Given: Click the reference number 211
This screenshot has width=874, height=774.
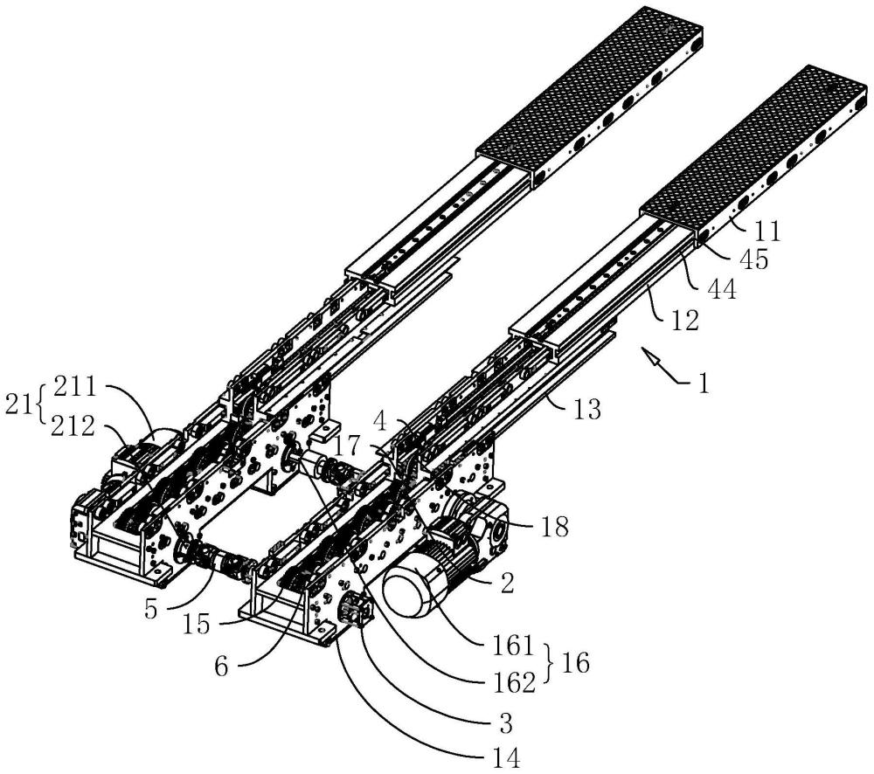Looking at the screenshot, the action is (76, 386).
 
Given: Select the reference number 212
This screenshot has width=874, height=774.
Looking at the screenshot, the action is (73, 427).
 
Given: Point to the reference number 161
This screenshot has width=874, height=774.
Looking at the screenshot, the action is (514, 646).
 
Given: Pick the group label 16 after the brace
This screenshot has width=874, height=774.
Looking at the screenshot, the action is (576, 664).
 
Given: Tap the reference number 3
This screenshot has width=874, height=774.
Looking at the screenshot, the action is (505, 725).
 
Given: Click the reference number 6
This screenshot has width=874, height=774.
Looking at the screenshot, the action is (222, 667).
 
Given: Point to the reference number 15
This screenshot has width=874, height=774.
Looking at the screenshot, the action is (197, 625).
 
